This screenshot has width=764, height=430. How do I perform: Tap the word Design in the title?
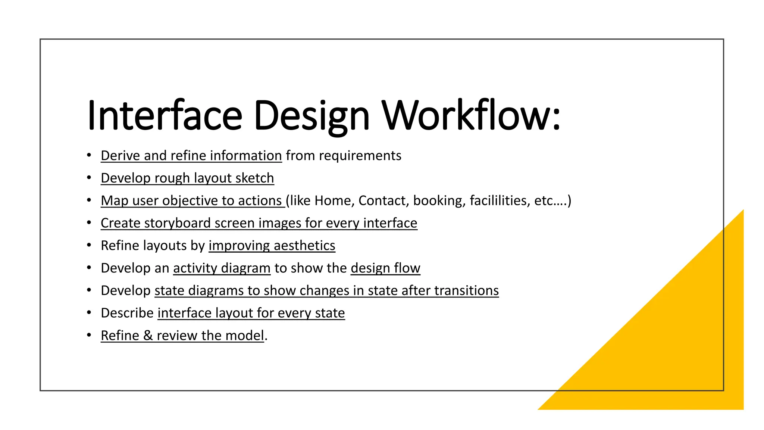point(311,116)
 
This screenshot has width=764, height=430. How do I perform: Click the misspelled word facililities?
point(500,200)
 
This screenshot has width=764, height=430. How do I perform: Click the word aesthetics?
point(304,246)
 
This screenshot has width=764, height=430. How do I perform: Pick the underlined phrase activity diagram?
point(222,268)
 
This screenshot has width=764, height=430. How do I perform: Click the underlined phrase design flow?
point(385,268)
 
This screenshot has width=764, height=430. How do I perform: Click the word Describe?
point(127,313)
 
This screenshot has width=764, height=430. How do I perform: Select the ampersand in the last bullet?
point(148,336)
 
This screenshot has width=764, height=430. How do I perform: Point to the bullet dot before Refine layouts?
point(89,245)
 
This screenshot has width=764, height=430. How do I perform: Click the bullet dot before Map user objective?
point(89,200)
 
